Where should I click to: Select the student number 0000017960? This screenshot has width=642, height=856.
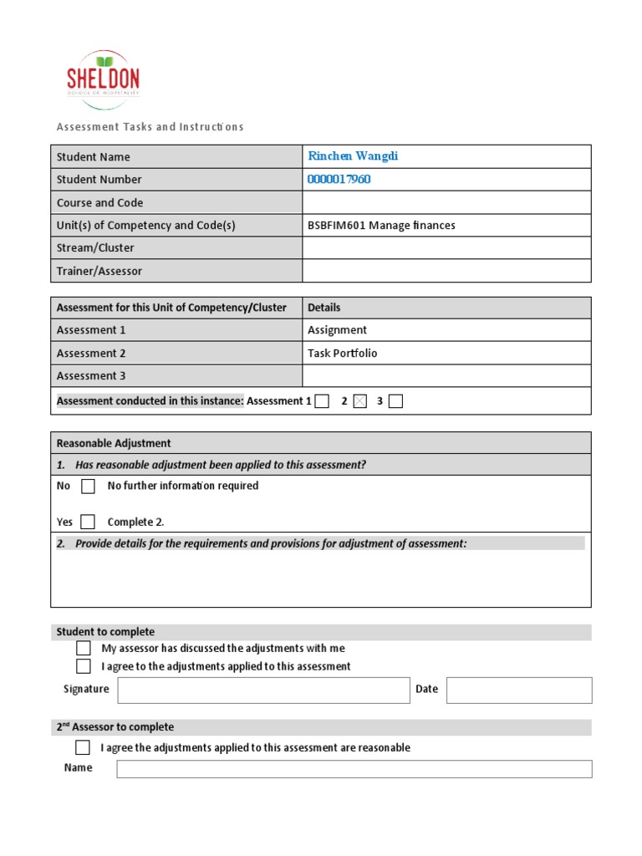339,179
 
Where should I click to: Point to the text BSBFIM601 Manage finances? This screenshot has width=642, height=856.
381,226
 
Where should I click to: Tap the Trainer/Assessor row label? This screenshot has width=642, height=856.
99,271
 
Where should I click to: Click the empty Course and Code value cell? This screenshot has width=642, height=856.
446,202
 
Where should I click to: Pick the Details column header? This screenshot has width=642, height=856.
324,308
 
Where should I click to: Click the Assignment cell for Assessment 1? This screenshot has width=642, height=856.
337,330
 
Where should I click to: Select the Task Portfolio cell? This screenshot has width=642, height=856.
343,353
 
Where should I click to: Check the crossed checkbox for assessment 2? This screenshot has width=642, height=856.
359,401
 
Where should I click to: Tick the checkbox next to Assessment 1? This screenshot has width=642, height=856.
322,401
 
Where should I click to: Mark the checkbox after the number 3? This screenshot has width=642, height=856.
395,401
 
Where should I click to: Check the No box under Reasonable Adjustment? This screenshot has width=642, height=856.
88,487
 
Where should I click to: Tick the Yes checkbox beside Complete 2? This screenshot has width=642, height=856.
88,522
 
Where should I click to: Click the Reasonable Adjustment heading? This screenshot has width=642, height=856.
114,443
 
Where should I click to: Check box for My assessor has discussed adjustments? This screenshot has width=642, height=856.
84,648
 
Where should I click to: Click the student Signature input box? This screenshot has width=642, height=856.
263,690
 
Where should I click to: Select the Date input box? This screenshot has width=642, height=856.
518,690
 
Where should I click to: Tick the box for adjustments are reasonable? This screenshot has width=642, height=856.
83,747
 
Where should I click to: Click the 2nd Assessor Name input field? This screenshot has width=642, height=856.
354,769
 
